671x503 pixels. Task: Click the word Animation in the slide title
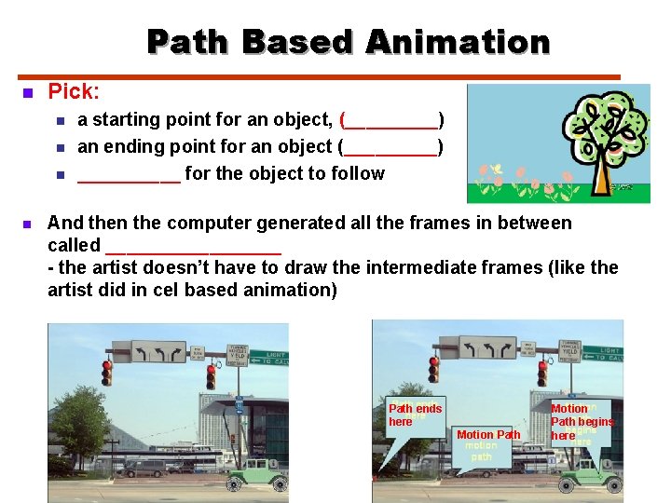click(458, 42)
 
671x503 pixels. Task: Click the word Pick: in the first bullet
click(74, 91)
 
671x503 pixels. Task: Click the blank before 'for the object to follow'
click(129, 174)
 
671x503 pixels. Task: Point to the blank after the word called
click(193, 246)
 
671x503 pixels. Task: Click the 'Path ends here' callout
click(415, 415)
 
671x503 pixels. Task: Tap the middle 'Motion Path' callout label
click(487, 435)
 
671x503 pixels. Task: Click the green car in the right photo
click(591, 472)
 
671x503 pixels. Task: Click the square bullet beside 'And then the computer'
click(27, 224)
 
